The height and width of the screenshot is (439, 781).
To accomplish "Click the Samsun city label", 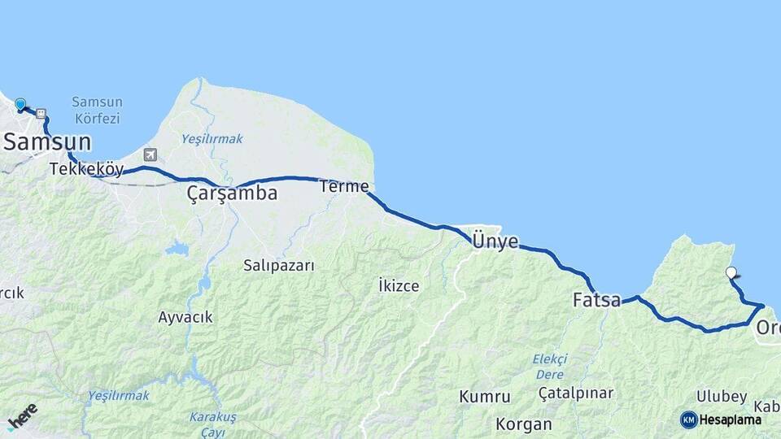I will [46, 142].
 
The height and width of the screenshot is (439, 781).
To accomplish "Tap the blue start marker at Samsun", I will [20, 105].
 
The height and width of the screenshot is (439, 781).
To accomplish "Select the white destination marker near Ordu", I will [731, 273].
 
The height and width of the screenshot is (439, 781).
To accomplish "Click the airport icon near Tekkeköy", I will [150, 154].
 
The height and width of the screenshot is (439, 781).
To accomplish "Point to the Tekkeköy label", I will [86, 169].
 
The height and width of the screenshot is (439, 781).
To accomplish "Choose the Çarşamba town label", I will [232, 193].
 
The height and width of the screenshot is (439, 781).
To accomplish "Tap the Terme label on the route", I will [344, 186].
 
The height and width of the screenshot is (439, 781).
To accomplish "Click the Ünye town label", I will [495, 241].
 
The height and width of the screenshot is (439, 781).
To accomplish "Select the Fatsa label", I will [596, 301].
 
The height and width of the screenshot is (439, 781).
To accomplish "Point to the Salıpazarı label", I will [278, 265].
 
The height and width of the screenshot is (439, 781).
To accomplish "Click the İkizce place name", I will [399, 285].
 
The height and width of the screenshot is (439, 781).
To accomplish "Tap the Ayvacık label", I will [185, 317].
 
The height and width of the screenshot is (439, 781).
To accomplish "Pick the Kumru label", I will [485, 397].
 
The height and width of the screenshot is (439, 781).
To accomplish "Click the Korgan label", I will [524, 424].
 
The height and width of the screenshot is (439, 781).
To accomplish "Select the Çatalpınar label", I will [576, 393].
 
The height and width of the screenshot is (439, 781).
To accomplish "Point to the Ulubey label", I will [722, 397].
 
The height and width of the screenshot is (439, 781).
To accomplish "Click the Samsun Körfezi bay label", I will [96, 111].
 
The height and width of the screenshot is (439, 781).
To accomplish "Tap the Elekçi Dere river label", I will [549, 367].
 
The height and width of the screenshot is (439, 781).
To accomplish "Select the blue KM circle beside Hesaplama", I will [688, 419].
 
